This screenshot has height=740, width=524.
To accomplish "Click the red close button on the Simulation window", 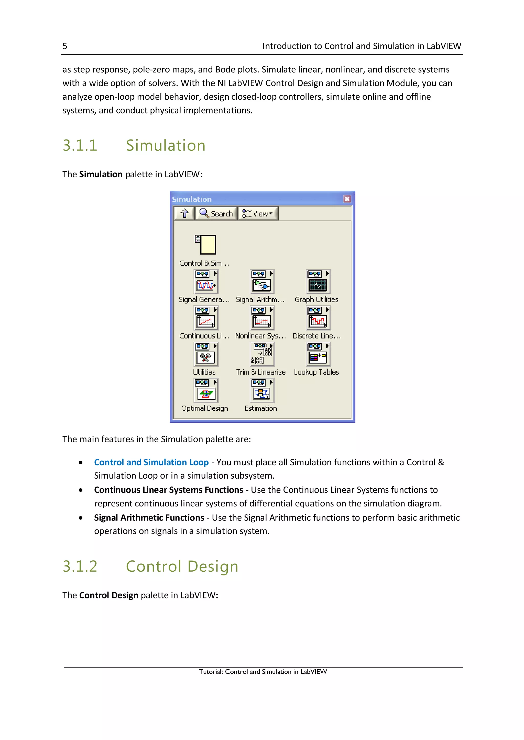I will click(x=347, y=199).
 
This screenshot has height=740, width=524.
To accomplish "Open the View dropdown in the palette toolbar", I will click(x=258, y=214).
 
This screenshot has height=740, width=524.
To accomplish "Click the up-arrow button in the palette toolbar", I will click(x=184, y=213).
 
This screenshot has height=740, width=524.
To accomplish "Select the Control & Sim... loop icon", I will click(x=205, y=245).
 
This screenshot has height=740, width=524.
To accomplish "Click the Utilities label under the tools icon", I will click(x=204, y=372).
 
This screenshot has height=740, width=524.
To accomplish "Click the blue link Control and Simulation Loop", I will click(x=151, y=462).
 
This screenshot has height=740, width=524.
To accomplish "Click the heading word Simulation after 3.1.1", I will click(x=166, y=145).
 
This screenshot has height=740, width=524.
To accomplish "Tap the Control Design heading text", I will click(x=182, y=566).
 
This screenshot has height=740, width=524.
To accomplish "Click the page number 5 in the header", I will click(x=65, y=46).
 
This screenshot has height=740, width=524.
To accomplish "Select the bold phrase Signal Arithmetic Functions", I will click(x=149, y=518).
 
